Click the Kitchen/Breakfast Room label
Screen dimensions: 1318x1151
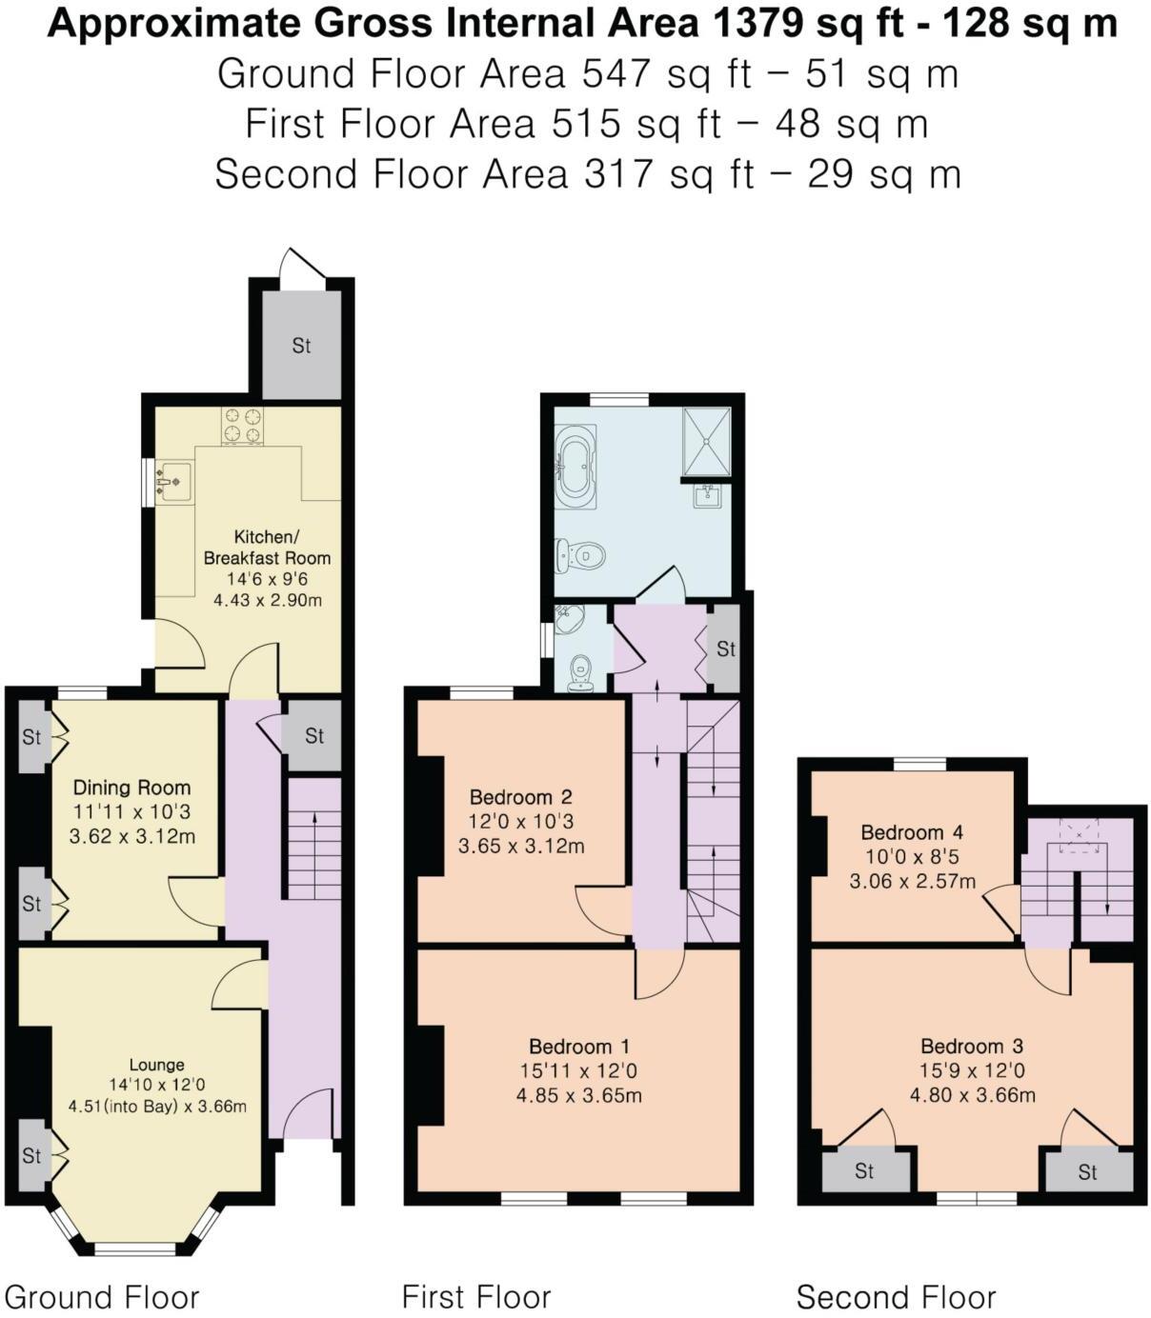point(267,548)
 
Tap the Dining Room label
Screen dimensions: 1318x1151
point(131,788)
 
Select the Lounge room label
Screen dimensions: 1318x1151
point(157,1065)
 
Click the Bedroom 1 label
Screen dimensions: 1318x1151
point(578,1047)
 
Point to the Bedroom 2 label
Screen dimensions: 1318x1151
point(521,797)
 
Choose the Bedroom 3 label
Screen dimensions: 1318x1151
point(972,1047)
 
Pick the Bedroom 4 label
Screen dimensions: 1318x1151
point(912,832)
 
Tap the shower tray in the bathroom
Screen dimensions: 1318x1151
point(706,441)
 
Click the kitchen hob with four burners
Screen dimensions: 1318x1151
point(242,426)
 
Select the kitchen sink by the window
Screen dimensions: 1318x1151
point(172,481)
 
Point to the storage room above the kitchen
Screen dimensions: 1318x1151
point(301,345)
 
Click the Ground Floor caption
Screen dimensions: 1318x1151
point(102,1297)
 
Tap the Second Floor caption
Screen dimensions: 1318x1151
point(896,1297)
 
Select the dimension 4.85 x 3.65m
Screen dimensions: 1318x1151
point(578,1095)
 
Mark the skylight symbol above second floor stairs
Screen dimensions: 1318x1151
point(1079,835)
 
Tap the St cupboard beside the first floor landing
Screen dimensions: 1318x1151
point(726,649)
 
